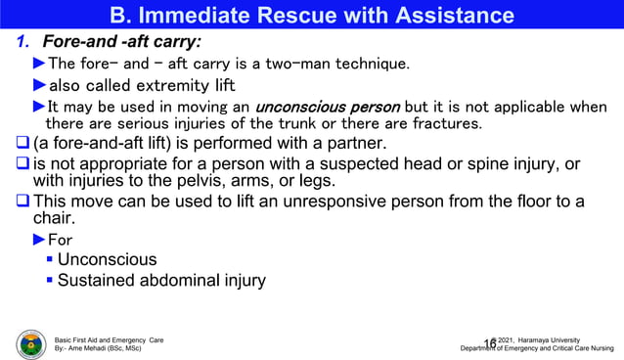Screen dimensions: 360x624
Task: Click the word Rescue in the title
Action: coord(296,16)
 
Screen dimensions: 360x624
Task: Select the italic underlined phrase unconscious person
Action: coord(327,107)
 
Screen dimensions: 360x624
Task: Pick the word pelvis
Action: coord(199,181)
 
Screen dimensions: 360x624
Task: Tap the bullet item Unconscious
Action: coord(108,260)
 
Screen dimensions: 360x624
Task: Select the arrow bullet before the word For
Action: coord(39,240)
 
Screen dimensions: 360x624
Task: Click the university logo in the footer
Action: coord(31,342)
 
